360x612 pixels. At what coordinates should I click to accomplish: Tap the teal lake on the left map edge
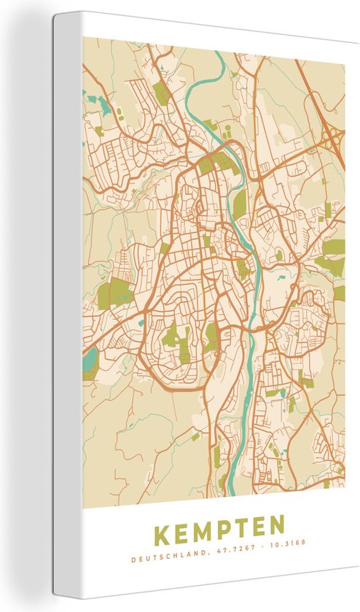pyautogui.click(x=89, y=360)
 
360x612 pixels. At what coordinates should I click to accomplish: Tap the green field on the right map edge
pyautogui.click(x=334, y=248)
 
